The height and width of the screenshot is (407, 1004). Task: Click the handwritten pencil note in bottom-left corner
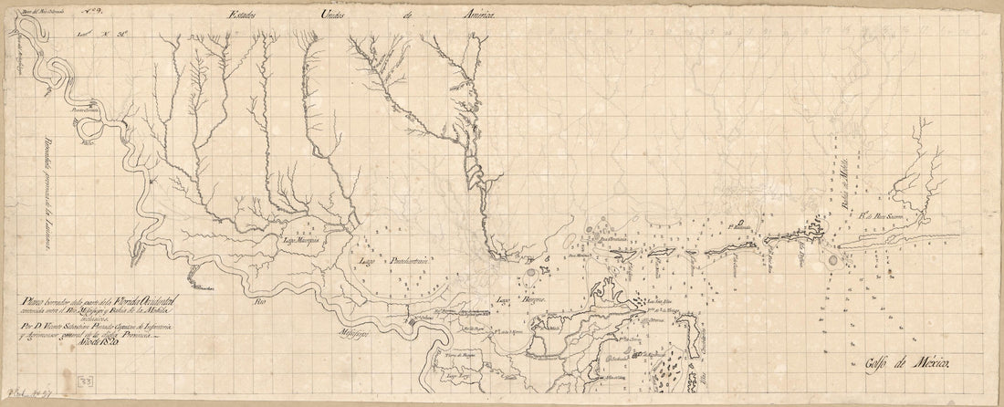point(25,398)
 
